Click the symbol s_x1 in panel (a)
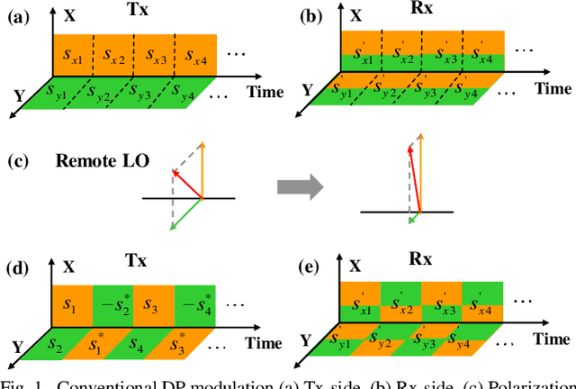(x=71, y=58)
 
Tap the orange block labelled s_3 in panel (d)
(x=154, y=301)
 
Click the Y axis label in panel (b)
(x=307, y=89)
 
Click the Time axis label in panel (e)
(x=552, y=339)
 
